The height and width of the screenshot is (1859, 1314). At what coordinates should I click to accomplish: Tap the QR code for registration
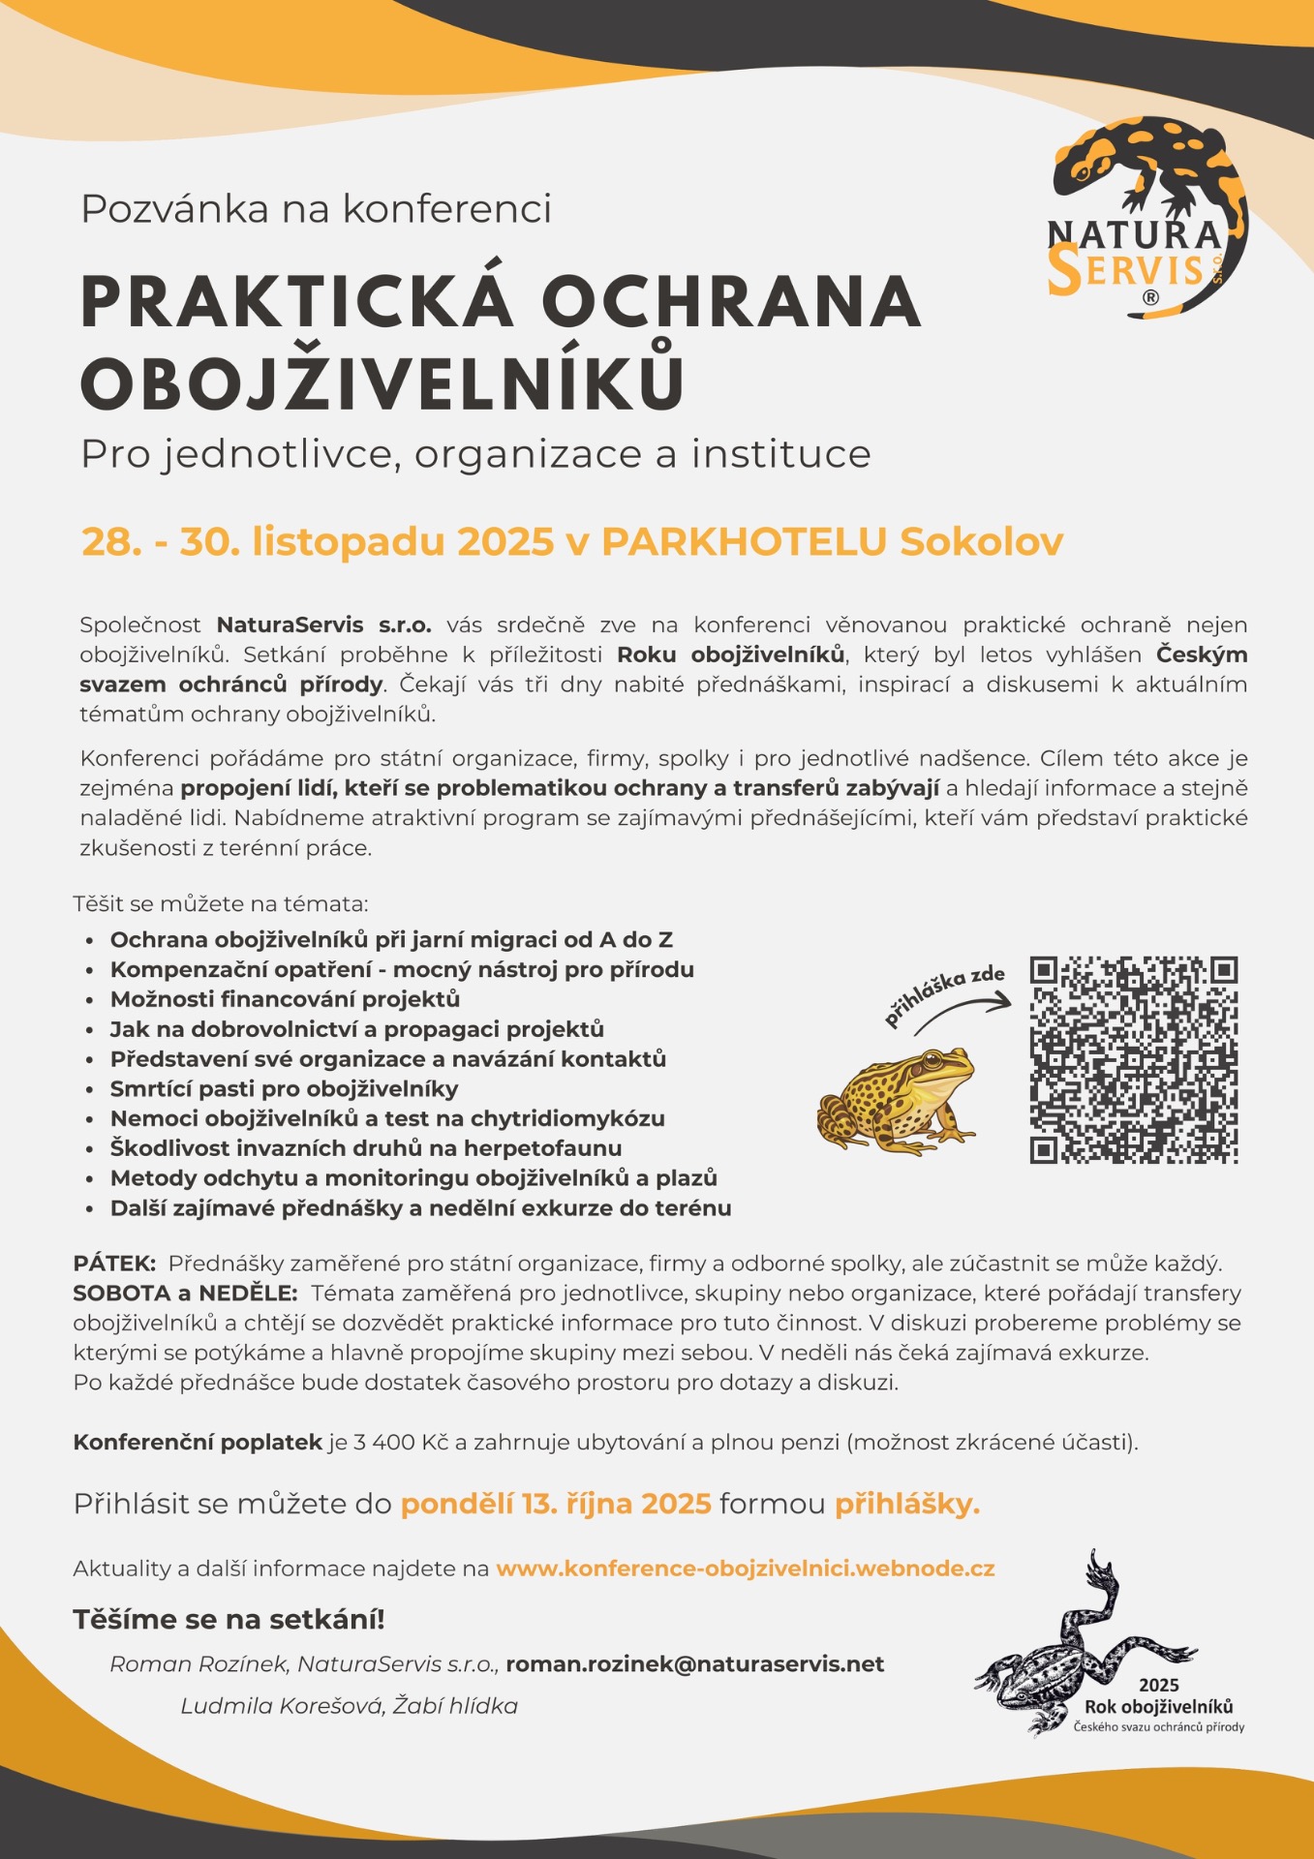pyautogui.click(x=1133, y=1059)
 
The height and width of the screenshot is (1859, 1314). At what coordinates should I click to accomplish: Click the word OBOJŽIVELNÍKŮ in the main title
pyautogui.click(x=383, y=383)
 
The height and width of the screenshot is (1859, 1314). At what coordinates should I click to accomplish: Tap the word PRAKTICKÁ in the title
pyautogui.click(x=295, y=301)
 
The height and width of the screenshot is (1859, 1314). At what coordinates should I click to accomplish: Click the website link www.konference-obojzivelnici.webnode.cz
pyautogui.click(x=745, y=1568)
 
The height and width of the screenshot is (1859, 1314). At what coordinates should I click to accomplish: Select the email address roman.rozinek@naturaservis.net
pyautogui.click(x=694, y=1663)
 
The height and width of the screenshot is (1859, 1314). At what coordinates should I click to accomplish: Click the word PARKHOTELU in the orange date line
pyautogui.click(x=743, y=541)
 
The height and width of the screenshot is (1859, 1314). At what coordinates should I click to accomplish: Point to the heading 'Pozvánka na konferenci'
pyautogui.click(x=316, y=208)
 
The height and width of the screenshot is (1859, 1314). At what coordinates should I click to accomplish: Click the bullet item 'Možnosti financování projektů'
pyautogui.click(x=285, y=998)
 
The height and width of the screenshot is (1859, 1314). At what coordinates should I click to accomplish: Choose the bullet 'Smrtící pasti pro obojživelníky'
pyautogui.click(x=284, y=1088)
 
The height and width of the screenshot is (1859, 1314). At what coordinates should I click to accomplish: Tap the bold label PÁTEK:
pyautogui.click(x=114, y=1263)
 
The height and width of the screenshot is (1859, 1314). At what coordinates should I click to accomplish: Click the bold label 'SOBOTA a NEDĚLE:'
pyautogui.click(x=185, y=1293)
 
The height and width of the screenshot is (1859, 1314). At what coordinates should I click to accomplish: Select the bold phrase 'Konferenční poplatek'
pyautogui.click(x=198, y=1442)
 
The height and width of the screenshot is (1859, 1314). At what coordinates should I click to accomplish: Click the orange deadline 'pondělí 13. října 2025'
pyautogui.click(x=556, y=1504)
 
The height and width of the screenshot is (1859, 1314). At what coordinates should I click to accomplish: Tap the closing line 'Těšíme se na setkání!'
pyautogui.click(x=229, y=1619)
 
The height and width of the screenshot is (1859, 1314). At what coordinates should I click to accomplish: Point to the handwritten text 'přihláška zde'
pyautogui.click(x=943, y=993)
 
